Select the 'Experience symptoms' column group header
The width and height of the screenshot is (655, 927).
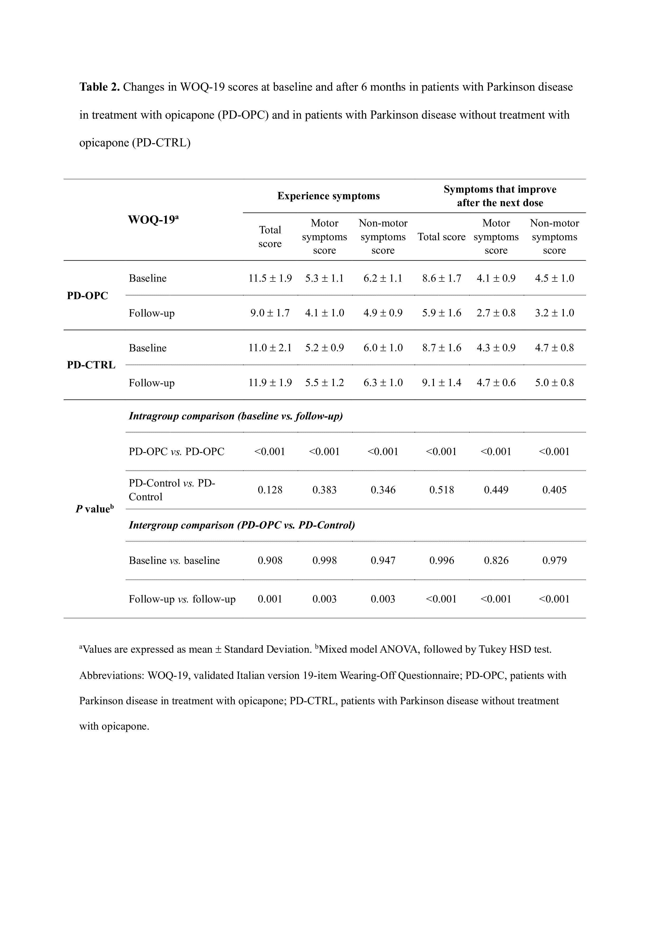tap(328, 196)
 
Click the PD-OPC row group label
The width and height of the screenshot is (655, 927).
tap(88, 296)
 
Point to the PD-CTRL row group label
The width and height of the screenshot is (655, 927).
tap(91, 365)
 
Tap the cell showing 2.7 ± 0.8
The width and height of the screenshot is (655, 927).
tap(496, 313)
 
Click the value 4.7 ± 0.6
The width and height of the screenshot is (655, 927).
tap(496, 383)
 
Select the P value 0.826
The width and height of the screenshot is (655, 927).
tap(496, 560)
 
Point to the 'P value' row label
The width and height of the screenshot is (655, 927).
tap(94, 509)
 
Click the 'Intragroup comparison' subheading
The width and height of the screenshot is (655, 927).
tap(235, 416)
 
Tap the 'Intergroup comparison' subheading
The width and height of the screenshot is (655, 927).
tap(242, 525)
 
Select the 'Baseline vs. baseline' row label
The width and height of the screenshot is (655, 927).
tap(174, 560)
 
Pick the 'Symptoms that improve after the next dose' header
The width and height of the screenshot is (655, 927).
tap(500, 196)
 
